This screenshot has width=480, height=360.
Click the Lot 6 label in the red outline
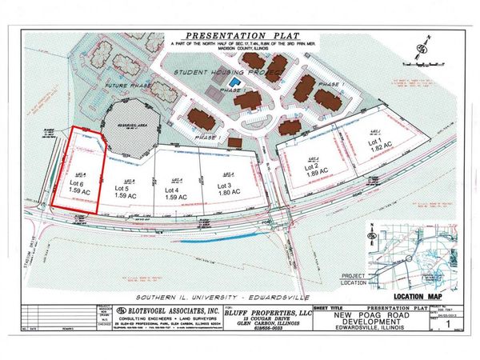point(78,183)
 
